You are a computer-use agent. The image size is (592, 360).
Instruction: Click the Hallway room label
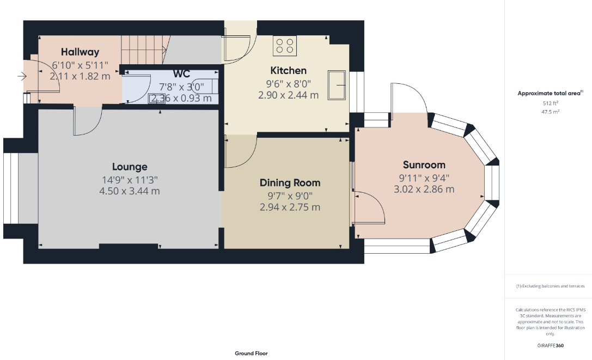click(x=80, y=52)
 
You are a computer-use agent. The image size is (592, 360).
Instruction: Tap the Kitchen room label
click(x=289, y=71)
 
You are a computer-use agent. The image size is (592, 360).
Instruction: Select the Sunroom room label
click(x=424, y=165)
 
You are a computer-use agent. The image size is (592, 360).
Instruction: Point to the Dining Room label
click(x=290, y=183)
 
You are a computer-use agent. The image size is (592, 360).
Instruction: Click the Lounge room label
click(x=130, y=167)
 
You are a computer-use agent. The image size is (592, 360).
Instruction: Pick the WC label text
click(x=181, y=74)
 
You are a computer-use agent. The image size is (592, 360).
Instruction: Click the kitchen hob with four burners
click(x=285, y=46)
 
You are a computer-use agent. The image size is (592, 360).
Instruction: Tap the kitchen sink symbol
click(x=337, y=85)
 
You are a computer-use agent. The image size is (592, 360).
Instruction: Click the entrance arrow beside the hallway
click(x=22, y=77)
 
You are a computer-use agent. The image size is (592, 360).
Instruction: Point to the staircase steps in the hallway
click(x=144, y=50)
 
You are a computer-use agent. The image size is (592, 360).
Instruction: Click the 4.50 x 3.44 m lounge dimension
click(x=130, y=191)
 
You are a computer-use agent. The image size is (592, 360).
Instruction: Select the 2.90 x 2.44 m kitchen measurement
click(x=289, y=95)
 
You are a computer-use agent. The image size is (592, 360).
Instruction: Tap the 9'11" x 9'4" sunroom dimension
click(x=424, y=178)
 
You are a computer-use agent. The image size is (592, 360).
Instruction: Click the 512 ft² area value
click(x=551, y=103)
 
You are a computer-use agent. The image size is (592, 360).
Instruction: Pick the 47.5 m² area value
click(x=551, y=112)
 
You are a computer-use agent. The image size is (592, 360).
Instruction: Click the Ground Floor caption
click(x=251, y=353)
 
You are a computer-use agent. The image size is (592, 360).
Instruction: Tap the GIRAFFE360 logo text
click(x=551, y=345)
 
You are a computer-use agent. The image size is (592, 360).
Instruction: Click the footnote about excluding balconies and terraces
click(x=551, y=286)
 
